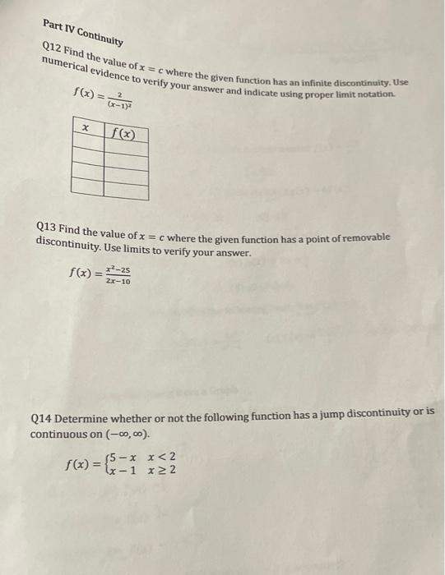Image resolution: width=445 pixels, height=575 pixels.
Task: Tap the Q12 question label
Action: point(52,48)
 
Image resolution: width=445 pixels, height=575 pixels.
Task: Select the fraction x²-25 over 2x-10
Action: point(118,274)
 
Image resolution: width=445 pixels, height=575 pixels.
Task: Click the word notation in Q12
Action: point(374,96)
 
